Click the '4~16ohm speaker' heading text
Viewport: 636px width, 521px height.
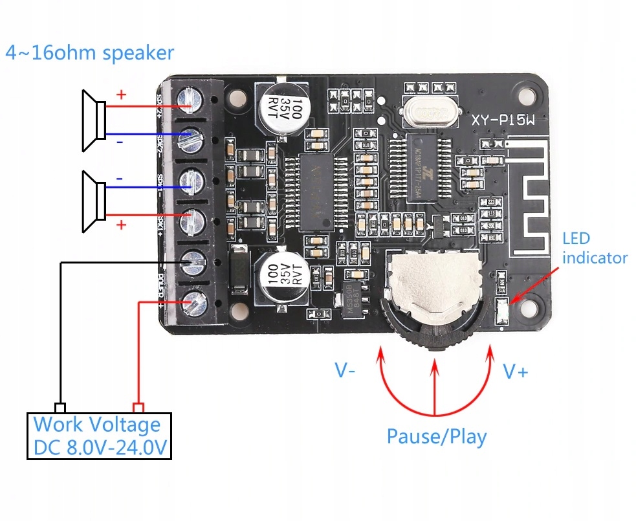pos(89,52)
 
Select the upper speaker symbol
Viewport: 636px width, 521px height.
pos(94,121)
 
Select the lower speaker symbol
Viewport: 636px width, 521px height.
pos(94,201)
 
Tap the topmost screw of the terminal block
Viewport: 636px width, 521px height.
pos(192,99)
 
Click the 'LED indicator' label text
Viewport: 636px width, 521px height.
pos(594,248)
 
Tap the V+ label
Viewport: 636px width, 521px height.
pos(516,371)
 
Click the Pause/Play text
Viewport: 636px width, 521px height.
pos(436,436)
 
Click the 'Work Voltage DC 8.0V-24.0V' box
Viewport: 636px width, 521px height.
pos(99,436)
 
